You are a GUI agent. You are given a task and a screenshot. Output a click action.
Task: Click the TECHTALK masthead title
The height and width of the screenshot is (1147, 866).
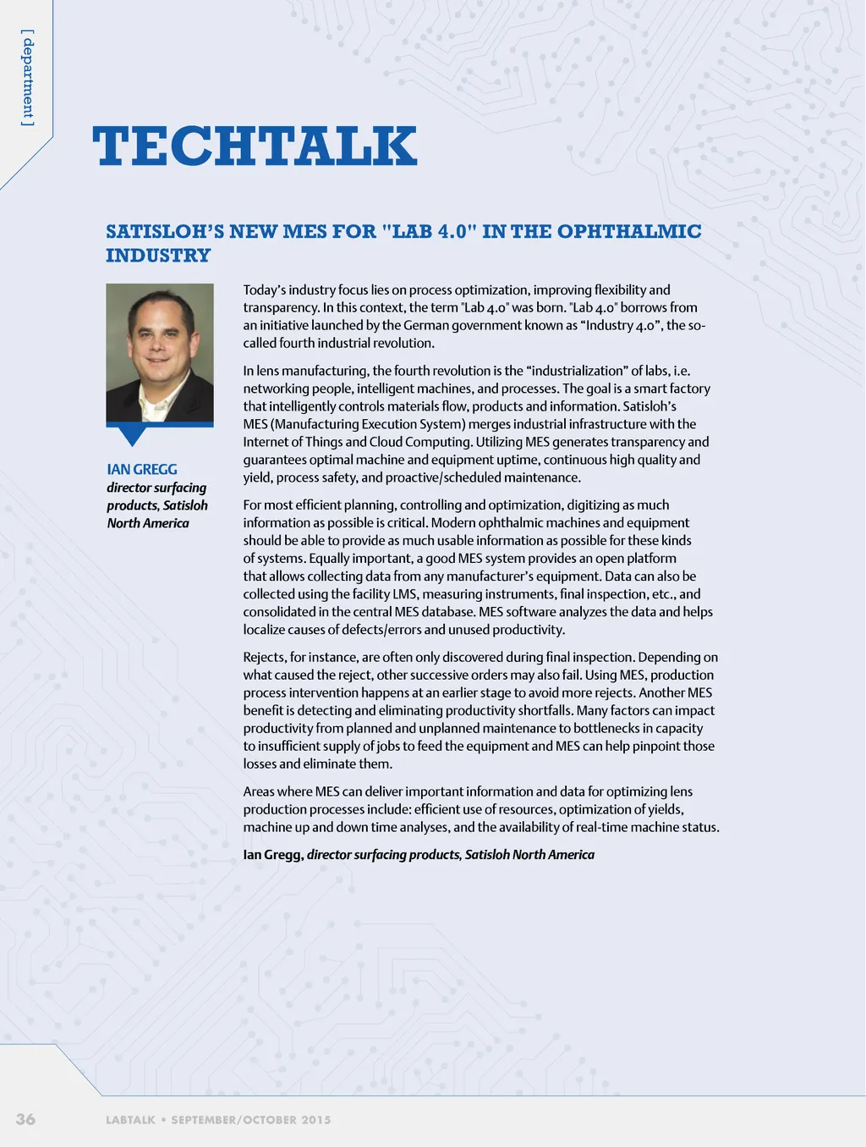pos(255,146)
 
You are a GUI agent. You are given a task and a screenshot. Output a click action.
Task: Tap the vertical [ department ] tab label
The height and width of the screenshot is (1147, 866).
pos(28,78)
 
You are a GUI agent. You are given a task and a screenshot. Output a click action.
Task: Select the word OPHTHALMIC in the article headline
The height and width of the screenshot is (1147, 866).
pos(629,231)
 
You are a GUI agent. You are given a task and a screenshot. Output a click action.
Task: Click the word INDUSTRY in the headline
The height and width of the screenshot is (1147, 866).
pos(158,255)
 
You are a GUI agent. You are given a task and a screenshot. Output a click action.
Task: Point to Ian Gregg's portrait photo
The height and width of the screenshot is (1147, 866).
pos(159,352)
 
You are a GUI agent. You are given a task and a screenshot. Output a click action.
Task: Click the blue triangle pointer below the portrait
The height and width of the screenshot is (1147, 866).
pos(133,435)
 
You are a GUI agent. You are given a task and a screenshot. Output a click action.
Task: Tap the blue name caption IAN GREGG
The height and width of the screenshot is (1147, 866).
pos(142,469)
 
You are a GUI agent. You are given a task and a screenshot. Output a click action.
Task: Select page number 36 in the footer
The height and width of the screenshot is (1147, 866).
pos(25,1118)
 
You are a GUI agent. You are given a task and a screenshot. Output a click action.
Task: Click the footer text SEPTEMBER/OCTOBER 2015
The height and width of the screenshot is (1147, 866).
pos(251,1119)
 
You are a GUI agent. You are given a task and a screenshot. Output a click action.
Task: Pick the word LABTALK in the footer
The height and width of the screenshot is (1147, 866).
pos(130,1119)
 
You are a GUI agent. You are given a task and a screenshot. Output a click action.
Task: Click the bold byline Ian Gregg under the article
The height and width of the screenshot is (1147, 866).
pos(272,854)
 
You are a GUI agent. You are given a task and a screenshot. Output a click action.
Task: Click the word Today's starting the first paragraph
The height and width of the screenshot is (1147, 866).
pos(264,290)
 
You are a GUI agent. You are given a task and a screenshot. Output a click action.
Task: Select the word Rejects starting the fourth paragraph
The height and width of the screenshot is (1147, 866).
pos(264,657)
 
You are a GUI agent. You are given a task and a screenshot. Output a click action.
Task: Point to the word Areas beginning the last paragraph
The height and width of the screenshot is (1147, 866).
pos(260,791)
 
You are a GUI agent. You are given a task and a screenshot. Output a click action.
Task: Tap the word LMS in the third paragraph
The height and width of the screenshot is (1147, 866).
pos(405,594)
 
